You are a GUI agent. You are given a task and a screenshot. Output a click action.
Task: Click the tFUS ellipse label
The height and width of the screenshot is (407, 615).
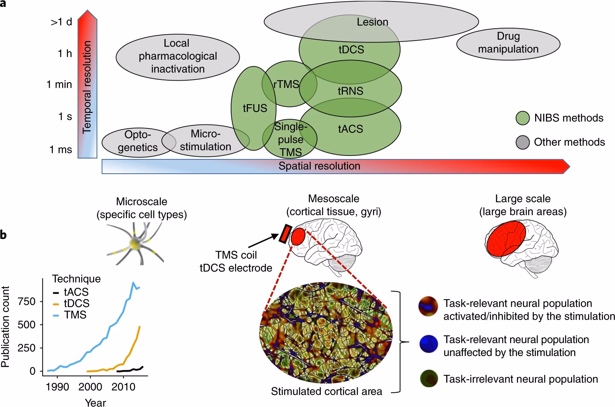tap(255, 109)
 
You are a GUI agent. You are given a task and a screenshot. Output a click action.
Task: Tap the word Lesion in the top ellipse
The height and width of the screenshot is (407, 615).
tap(372, 22)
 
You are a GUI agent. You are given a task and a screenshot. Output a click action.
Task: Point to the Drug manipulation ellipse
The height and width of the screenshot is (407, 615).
tap(508, 43)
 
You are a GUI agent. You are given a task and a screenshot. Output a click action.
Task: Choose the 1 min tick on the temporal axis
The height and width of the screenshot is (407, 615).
tap(59, 84)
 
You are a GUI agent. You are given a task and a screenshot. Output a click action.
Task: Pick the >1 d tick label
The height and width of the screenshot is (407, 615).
tap(61, 22)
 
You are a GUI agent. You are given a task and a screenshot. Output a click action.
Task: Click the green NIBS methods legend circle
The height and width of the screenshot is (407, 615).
tap(522, 118)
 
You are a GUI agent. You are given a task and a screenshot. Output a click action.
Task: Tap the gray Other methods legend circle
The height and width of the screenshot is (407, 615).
tap(522, 142)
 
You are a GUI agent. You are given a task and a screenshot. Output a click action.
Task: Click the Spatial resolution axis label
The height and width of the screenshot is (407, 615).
tap(319, 166)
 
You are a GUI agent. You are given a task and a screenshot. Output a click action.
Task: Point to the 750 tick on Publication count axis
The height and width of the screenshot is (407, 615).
tap(27, 302)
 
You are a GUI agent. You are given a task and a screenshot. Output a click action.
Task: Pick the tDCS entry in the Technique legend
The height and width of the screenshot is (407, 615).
tap(77, 304)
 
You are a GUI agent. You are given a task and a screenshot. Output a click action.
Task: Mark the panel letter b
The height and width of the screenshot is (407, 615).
tap(3, 235)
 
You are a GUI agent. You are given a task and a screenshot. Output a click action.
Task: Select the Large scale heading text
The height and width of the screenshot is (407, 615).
tap(523, 199)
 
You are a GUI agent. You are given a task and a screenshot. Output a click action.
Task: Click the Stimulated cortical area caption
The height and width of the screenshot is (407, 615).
tap(327, 391)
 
